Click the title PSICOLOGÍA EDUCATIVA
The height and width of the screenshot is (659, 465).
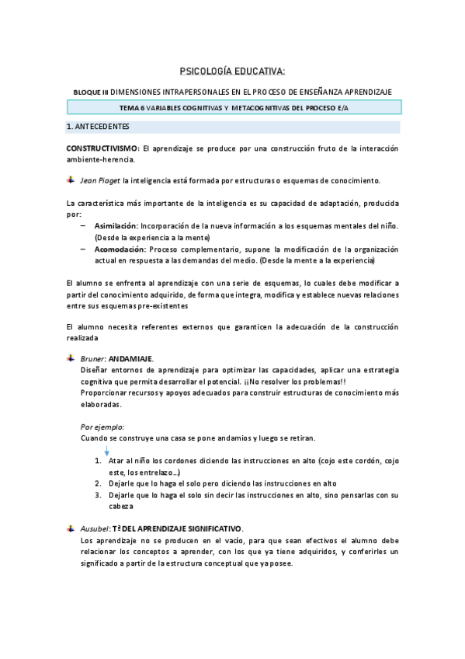(232, 72)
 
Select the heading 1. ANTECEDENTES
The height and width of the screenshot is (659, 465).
(98, 127)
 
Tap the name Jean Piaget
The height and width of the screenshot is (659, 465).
(99, 180)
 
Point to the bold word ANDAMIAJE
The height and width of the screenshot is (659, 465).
(131, 358)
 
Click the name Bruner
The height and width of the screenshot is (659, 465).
(93, 358)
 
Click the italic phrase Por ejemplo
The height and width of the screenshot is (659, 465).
(102, 426)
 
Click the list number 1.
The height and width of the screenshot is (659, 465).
(99, 461)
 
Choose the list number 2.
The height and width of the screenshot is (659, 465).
(99, 483)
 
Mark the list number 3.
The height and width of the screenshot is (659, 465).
(99, 494)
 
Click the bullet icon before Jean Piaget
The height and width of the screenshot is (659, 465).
(71, 180)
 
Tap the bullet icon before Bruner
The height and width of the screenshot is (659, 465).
(71, 358)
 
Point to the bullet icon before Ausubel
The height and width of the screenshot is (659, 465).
(71, 528)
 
